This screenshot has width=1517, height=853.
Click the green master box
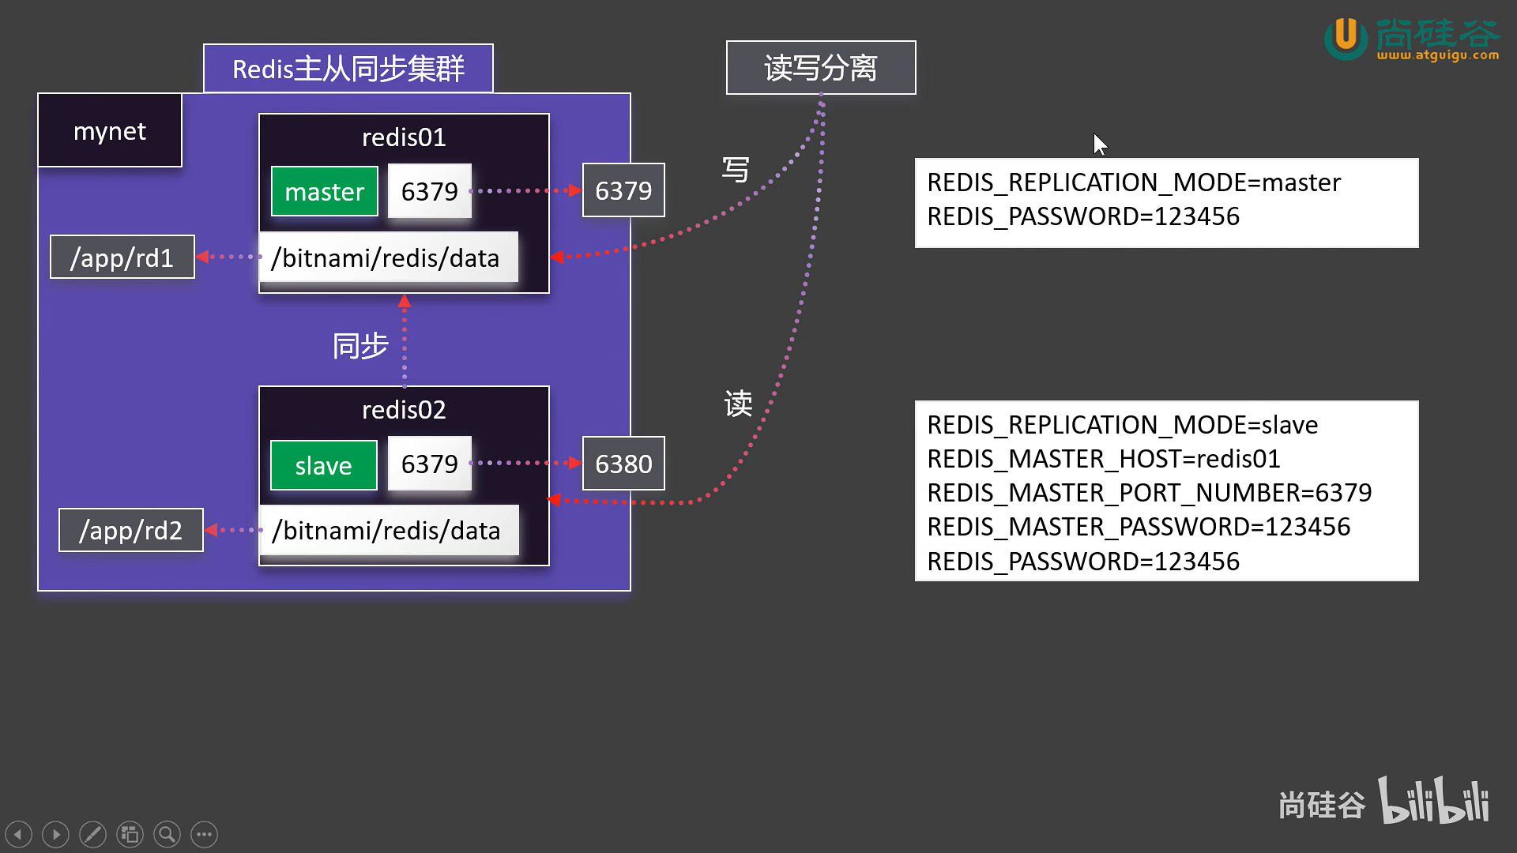point(324,191)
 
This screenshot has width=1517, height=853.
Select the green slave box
point(323,465)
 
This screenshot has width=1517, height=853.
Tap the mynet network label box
point(110,130)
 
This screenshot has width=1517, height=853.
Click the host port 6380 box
point(623,464)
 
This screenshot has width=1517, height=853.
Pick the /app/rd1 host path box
point(122,257)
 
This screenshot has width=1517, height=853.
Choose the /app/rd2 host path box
point(130,530)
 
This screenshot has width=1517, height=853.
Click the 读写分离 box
point(821,68)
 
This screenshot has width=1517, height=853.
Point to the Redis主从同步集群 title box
point(348,69)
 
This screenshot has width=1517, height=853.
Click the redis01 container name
point(404,137)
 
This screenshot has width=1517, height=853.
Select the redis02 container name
point(404,409)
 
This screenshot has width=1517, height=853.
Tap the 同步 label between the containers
point(360,346)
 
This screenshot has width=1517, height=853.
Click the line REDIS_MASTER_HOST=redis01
point(1103,458)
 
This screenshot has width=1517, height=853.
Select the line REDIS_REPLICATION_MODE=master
point(1133,182)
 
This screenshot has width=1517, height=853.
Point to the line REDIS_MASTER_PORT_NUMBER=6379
point(1149,492)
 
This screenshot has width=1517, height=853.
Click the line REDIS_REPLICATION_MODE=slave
point(1122,425)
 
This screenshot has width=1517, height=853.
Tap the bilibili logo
point(1433,801)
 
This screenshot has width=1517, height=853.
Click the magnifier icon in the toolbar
point(167,834)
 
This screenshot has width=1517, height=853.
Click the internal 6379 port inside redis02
point(429,464)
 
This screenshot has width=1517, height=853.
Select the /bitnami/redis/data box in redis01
point(388,257)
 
